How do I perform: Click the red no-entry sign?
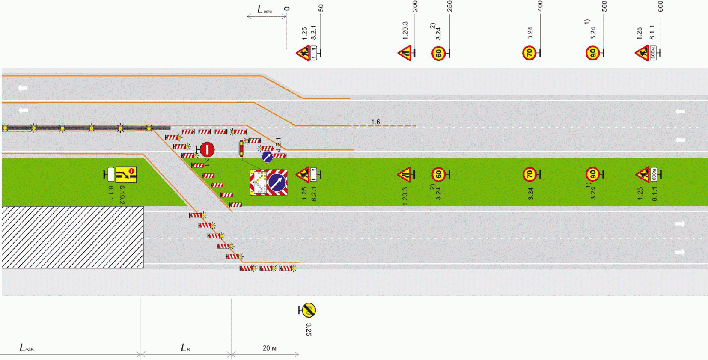(x=207, y=149)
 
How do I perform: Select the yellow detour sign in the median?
(x=126, y=175)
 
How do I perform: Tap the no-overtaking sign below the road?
(x=308, y=310)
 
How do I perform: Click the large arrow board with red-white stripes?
(x=269, y=182)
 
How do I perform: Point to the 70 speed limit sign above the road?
(x=529, y=53)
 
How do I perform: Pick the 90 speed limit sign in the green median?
(x=592, y=175)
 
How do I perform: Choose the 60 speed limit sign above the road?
(x=438, y=54)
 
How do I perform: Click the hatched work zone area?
(x=73, y=237)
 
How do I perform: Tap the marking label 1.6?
(x=375, y=122)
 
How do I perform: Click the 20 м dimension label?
(x=269, y=348)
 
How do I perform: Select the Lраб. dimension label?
(x=27, y=348)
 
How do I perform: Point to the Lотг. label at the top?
(x=265, y=9)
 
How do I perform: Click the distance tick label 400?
(x=540, y=6)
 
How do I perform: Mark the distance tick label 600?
(x=660, y=6)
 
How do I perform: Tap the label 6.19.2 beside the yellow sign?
(x=122, y=194)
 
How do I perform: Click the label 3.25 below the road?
(x=309, y=329)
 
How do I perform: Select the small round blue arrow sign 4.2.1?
(x=267, y=157)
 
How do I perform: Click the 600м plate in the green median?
(x=654, y=175)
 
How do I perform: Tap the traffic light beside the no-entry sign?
(x=241, y=148)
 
